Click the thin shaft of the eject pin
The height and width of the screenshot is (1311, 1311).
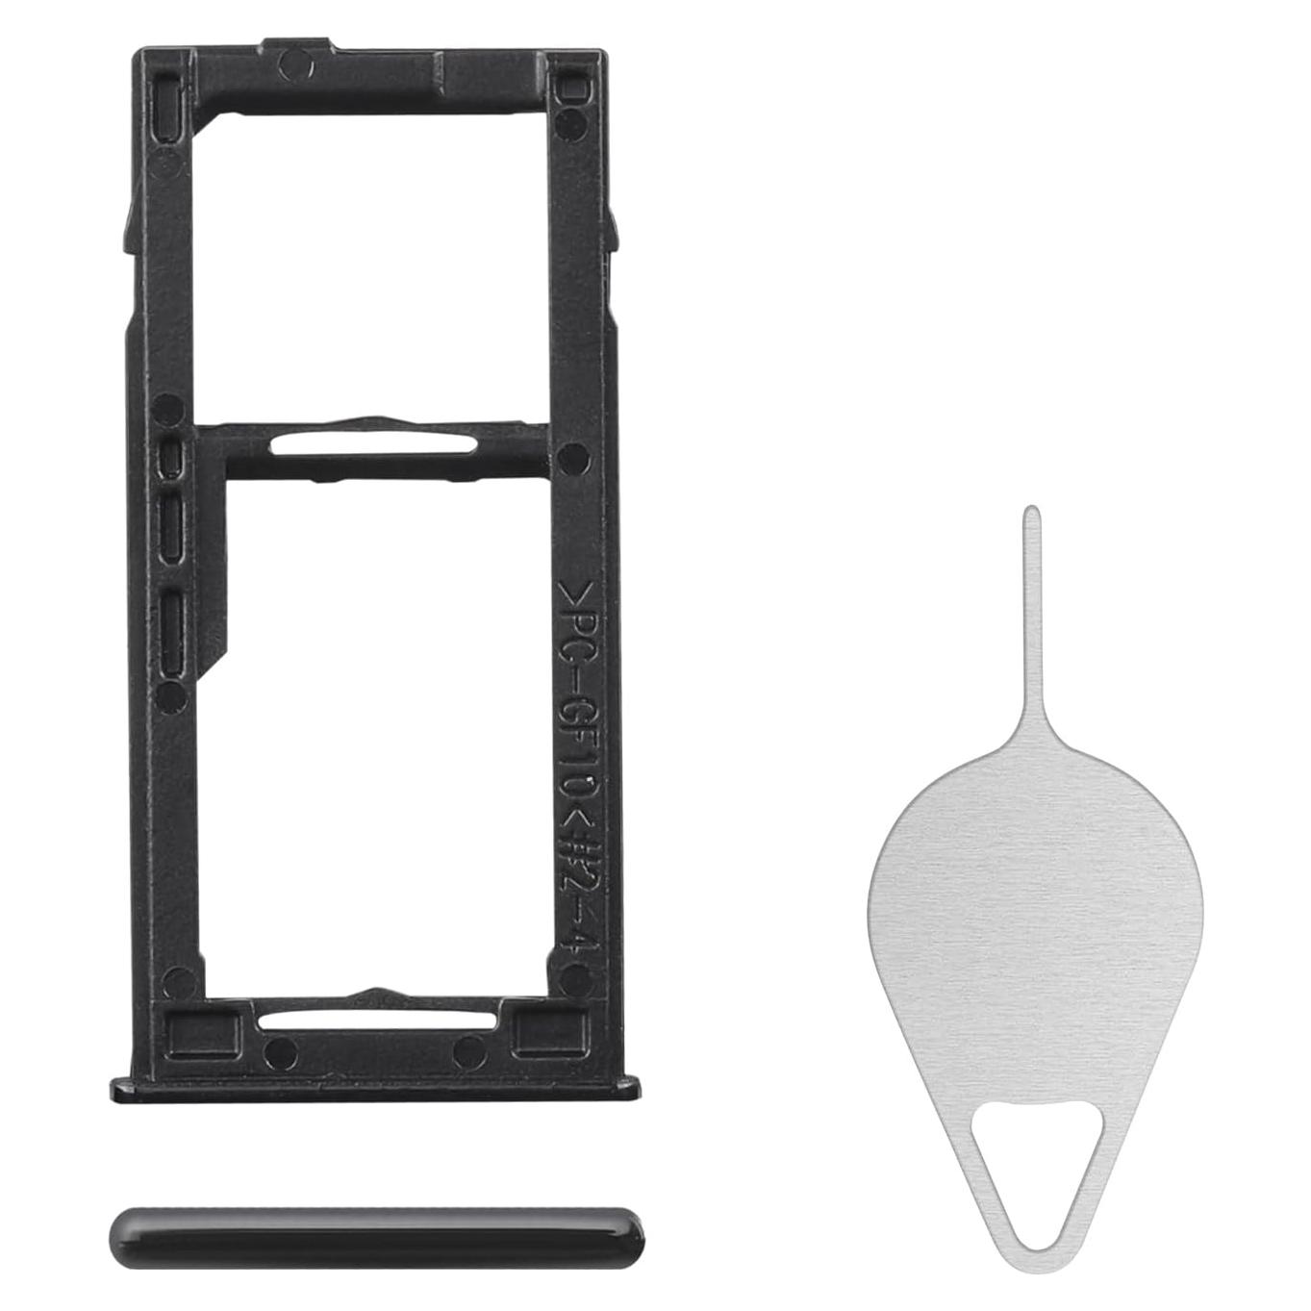coord(1031,625)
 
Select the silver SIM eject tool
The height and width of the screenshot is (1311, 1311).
coord(1034,923)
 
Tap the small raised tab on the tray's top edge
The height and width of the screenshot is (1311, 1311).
coord(302,42)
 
